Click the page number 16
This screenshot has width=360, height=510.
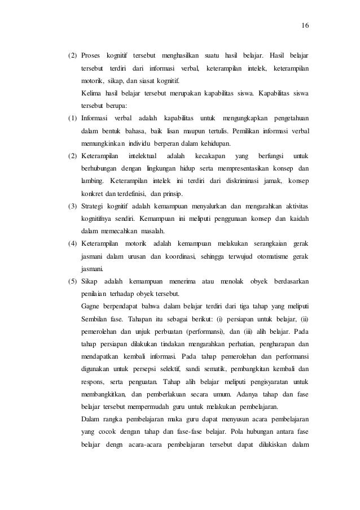tap(306, 25)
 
